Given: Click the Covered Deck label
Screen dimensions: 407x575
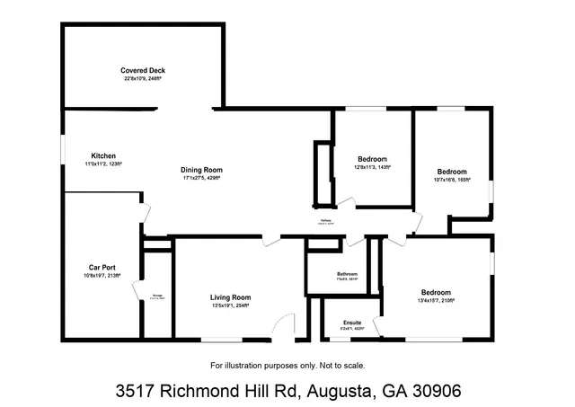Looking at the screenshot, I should tap(144, 70).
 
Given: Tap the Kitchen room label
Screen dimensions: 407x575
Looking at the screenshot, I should tap(103, 156).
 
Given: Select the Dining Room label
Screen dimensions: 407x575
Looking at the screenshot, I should tap(201, 170).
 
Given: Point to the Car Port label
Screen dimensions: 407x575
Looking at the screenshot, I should tap(101, 268).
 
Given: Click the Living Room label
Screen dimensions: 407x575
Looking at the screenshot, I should tap(230, 297).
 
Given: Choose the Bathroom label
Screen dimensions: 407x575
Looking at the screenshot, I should tap(347, 274).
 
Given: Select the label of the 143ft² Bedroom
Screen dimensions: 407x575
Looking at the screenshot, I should tap(372, 159).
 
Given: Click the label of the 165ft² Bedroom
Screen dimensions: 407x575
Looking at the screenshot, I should tap(452, 172).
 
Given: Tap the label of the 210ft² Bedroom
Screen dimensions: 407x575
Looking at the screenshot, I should tap(436, 293).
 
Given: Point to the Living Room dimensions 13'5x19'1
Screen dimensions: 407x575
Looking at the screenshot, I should tap(230, 306).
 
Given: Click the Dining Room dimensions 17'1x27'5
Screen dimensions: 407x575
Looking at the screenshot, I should tap(201, 178).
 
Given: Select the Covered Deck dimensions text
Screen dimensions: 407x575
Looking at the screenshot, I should tap(144, 79).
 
